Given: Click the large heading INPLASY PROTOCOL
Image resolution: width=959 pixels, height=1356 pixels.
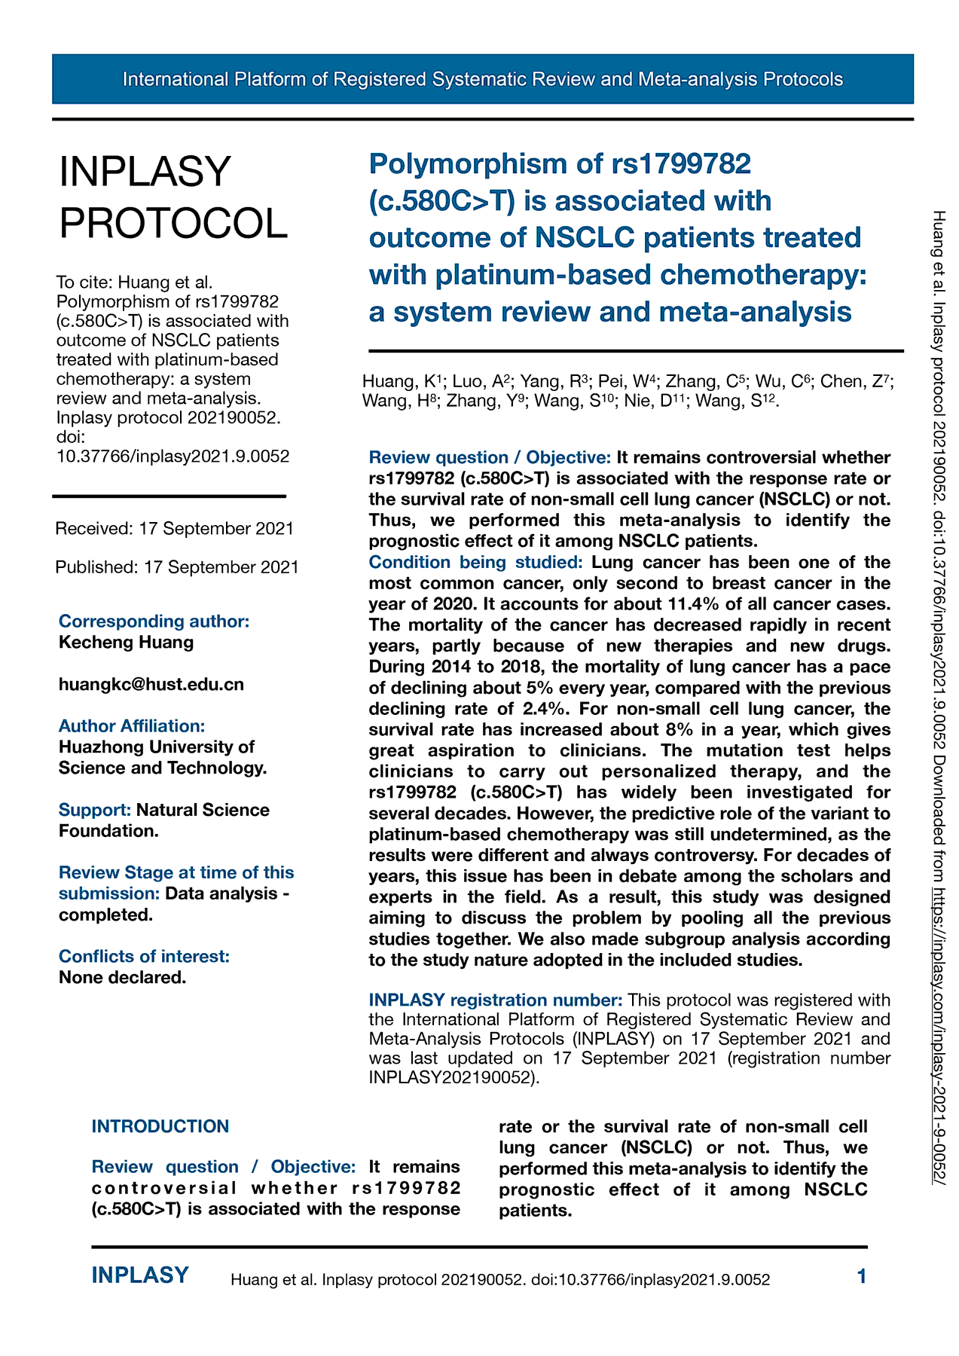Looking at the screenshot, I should (x=173, y=197).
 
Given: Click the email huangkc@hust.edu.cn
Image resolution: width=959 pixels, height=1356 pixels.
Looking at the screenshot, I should (x=151, y=684).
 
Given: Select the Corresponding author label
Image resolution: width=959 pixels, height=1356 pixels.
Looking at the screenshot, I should (x=154, y=621).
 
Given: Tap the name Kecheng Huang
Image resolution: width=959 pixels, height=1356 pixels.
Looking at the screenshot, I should (x=126, y=642).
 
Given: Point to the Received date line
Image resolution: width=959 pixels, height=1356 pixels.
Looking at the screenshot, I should (x=174, y=528).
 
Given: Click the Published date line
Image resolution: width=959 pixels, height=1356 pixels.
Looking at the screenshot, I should (x=177, y=567).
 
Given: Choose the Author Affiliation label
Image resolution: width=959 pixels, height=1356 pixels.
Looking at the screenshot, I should (x=132, y=725).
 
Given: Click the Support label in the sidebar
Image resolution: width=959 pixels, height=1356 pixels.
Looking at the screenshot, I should (x=95, y=810).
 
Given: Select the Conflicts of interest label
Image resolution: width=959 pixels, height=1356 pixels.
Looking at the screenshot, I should (x=144, y=956).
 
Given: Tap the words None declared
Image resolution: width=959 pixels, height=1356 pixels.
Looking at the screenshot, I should (x=122, y=977).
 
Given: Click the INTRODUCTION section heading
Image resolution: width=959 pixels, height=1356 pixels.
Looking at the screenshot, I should (x=160, y=1126).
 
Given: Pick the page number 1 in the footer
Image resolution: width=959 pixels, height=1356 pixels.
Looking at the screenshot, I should (x=862, y=1276).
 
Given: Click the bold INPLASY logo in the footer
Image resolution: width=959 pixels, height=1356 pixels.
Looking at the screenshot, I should (x=140, y=1275).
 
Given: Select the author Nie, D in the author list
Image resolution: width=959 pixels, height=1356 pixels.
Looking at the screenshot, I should (x=647, y=401).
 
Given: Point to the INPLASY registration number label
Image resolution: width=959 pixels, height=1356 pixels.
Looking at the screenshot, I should (x=495, y=1000).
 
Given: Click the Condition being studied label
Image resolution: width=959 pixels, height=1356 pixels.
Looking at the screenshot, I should (x=475, y=562).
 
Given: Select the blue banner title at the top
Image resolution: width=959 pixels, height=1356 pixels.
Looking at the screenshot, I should (x=482, y=79).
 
